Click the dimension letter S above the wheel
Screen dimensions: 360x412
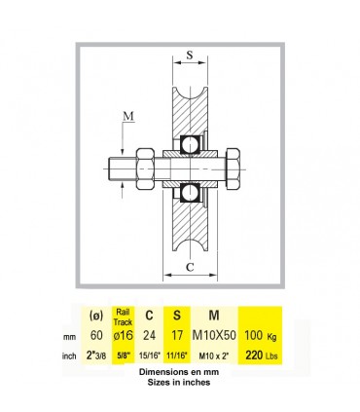190,55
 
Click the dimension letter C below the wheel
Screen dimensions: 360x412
190,267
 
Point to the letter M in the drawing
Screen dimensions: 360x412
128,116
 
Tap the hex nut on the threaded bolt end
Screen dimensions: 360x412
145,169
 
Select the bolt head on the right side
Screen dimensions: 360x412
233,169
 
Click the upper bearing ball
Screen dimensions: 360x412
190,145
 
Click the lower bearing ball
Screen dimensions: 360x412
190,193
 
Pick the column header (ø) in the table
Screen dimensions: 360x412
96,316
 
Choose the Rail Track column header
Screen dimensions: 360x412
123,317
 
